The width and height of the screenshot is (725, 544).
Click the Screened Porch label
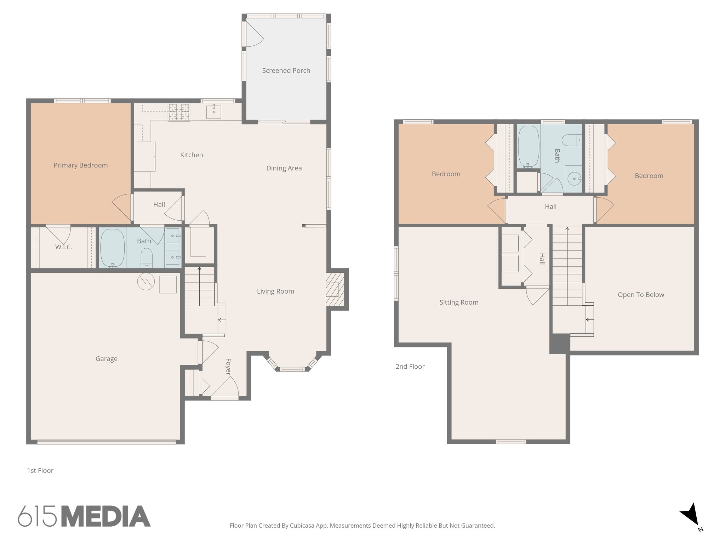[x=286, y=70]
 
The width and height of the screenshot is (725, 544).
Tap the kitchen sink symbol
[x=214, y=112]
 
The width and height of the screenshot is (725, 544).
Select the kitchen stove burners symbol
[x=179, y=112]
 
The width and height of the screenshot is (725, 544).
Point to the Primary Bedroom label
[x=80, y=165]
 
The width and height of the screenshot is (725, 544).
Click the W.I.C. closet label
[x=64, y=247]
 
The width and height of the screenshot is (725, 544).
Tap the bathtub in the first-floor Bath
[x=113, y=248]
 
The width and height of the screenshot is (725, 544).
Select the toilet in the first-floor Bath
[x=147, y=257]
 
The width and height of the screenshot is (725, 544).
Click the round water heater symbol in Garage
[x=146, y=282]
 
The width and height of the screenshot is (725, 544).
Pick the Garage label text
[x=106, y=358]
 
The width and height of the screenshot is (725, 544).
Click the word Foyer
[x=228, y=367]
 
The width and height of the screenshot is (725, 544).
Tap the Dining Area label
[x=284, y=168]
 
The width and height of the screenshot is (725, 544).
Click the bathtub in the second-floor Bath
[x=529, y=147]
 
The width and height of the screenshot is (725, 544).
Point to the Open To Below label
[x=641, y=295]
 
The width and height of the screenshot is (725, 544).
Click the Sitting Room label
[x=459, y=302]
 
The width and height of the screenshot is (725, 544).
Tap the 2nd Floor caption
[x=410, y=367]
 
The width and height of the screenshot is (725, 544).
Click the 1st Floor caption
[x=40, y=470]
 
